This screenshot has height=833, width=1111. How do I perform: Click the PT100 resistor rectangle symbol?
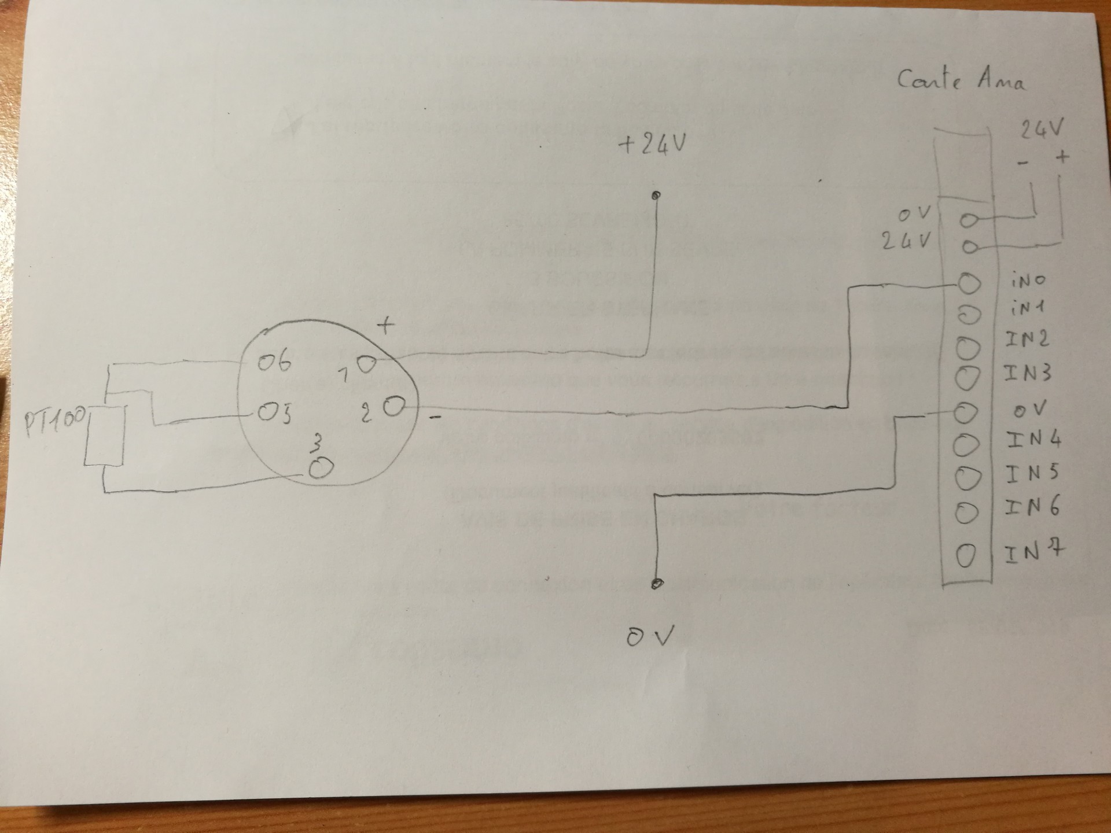click(x=105, y=434)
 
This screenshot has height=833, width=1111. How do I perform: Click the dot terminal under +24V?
click(x=656, y=196)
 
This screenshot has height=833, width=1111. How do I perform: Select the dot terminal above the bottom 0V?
click(x=656, y=584)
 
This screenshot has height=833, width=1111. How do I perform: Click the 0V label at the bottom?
click(x=650, y=636)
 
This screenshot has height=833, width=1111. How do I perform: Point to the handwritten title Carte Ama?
click(x=961, y=80)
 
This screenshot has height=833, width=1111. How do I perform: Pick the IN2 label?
click(x=1027, y=339)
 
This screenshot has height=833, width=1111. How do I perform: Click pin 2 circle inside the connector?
click(x=393, y=407)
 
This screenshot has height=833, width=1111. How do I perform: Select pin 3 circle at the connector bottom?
click(x=320, y=468)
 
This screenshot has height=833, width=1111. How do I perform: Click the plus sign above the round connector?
click(x=385, y=326)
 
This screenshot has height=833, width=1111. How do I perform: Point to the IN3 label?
click(x=1028, y=373)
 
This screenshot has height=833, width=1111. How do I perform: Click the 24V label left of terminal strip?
click(x=907, y=241)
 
